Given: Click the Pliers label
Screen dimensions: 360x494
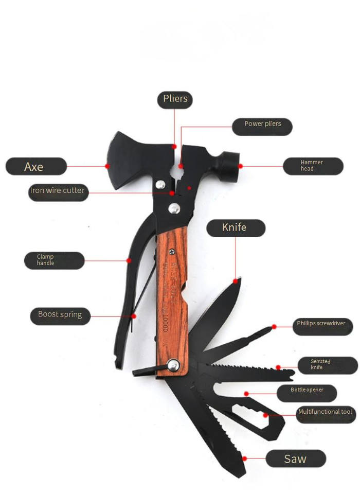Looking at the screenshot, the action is [175, 99].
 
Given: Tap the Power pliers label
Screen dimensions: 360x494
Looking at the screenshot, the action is [262, 124].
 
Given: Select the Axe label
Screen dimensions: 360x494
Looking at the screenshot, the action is [36, 166].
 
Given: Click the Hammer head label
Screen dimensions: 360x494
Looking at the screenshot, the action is [313, 166].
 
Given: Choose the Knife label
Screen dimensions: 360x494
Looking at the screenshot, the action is [236, 227].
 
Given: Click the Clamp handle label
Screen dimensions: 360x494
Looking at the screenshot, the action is [53, 260].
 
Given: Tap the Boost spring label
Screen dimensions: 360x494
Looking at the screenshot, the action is [60, 314].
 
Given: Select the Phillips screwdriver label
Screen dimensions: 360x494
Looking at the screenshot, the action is [325, 324].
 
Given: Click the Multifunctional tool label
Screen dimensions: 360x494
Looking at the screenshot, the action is [326, 412].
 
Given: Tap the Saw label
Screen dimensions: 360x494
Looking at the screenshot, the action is [296, 458].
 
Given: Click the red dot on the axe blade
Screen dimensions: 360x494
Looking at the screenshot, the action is [107, 166].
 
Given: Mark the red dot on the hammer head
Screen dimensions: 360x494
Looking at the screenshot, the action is [240, 166].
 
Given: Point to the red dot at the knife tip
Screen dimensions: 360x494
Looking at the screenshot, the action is [237, 280].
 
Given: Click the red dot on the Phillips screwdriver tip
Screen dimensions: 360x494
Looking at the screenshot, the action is [274, 326].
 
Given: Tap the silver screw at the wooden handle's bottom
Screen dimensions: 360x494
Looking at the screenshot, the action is [173, 366].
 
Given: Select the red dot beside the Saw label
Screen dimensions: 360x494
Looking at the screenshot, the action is [245, 457].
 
